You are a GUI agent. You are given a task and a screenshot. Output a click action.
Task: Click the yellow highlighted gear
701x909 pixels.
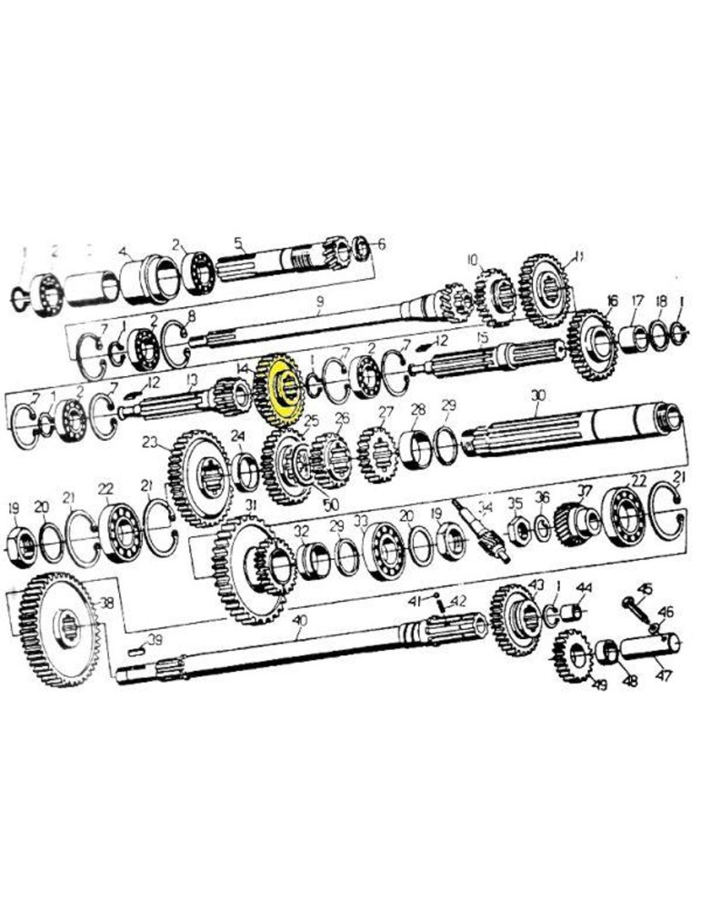coord(280,392)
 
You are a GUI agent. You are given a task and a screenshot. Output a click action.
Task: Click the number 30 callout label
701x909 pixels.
coord(538,396)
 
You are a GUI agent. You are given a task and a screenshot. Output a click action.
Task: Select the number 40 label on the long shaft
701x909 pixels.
coord(301,622)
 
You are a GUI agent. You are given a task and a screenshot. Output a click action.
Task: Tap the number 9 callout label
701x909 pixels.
coord(320,301)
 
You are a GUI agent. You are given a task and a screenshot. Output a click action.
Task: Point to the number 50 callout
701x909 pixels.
coord(328,504)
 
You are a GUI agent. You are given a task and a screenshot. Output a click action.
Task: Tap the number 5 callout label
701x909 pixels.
coord(239,243)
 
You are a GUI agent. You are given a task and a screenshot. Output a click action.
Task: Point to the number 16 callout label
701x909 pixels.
coord(612,300)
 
